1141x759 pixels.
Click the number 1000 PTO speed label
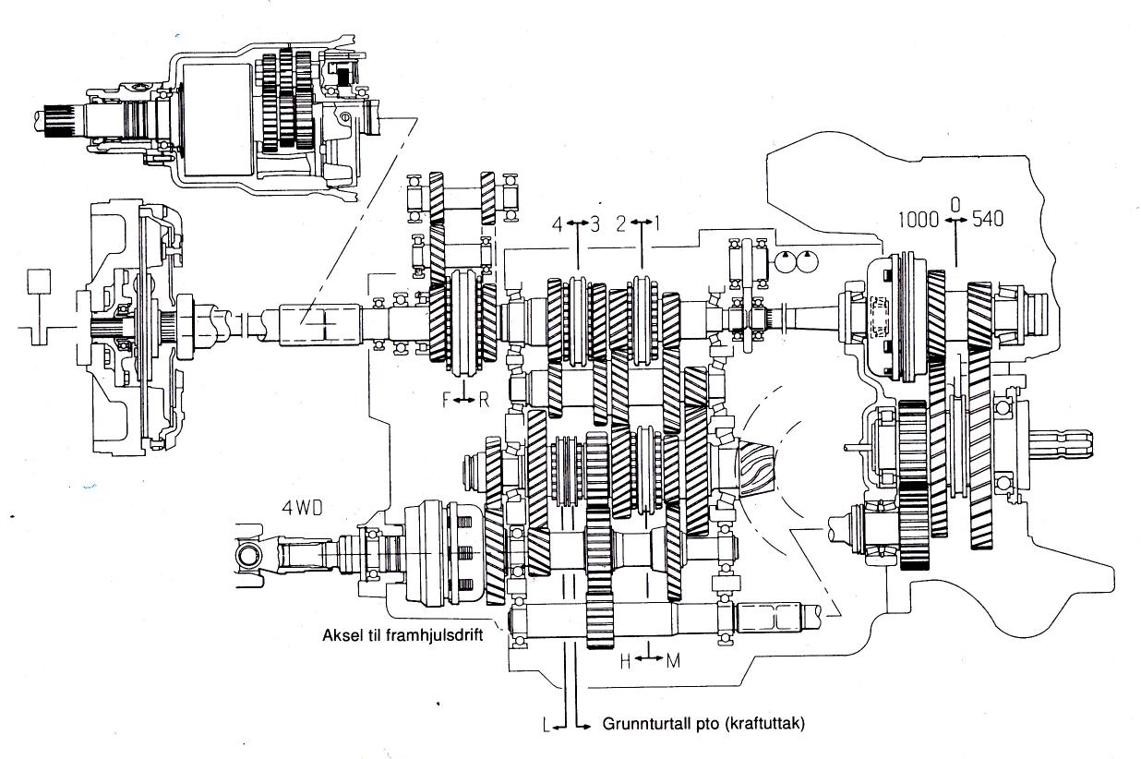point(918,220)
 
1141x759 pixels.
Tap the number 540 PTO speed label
point(988,219)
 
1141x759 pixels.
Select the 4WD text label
point(302,508)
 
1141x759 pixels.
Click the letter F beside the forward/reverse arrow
point(447,401)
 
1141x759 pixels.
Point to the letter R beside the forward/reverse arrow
point(484,401)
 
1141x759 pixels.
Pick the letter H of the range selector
point(626,662)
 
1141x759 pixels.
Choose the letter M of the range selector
point(673,662)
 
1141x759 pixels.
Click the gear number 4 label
point(558,224)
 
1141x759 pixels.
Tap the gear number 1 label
point(656,223)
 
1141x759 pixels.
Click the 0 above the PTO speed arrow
point(955,205)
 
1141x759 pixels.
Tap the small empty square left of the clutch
point(39,282)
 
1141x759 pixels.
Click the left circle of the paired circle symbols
point(785,263)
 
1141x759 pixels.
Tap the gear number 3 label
point(595,224)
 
